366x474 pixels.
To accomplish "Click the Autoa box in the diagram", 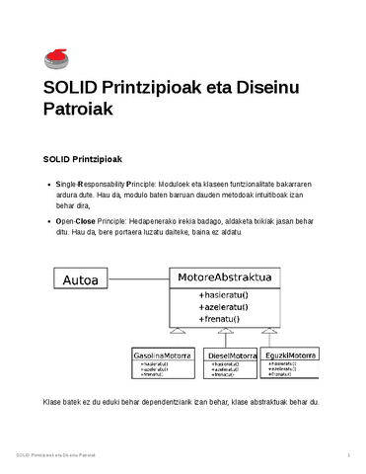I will [81, 280].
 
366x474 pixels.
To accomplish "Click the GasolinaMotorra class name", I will [163, 355].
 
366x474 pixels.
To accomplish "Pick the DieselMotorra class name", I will [232, 355].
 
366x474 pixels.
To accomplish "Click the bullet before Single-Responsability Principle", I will [50, 185].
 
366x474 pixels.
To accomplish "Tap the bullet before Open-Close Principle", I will [50, 223].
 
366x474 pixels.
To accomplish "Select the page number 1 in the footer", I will [349, 454].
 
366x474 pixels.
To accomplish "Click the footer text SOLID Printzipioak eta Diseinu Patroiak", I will [57, 454].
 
